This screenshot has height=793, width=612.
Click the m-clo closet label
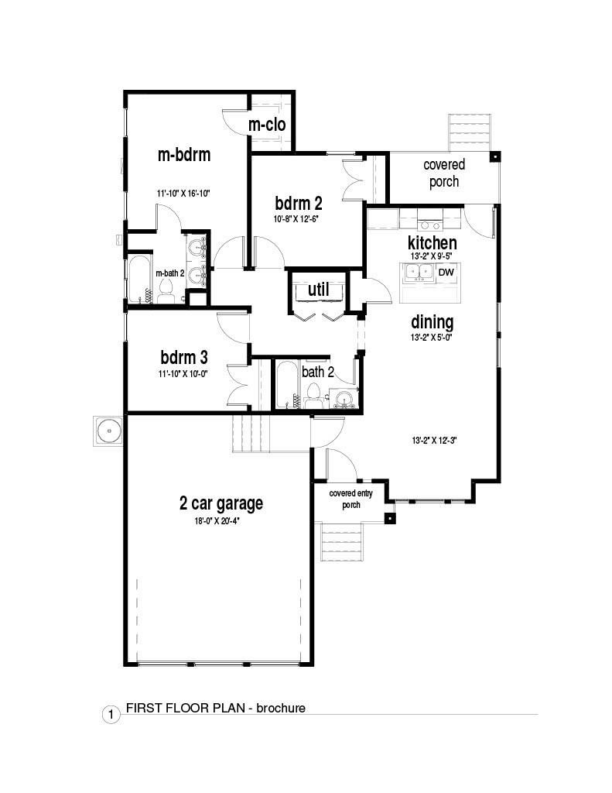[x=267, y=125]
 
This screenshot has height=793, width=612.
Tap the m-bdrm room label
[x=184, y=154]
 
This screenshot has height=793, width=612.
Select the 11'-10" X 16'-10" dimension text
[x=183, y=193]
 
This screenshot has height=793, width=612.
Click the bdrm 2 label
[x=298, y=203]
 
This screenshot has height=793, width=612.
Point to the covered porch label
[x=444, y=173]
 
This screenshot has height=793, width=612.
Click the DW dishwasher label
[x=446, y=272]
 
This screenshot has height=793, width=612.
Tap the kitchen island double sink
[x=419, y=273]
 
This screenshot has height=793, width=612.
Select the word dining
[x=432, y=322]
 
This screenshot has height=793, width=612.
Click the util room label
[x=319, y=290]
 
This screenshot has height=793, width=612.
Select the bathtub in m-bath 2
[x=138, y=280]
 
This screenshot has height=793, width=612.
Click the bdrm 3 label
[x=184, y=357]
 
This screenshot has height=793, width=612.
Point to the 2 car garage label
[x=221, y=503]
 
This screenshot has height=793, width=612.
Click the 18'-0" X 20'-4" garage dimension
[x=217, y=521]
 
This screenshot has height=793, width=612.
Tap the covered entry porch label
[x=350, y=499]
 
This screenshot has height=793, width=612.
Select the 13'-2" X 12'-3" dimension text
[x=435, y=440]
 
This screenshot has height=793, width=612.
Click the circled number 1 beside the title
[x=111, y=715]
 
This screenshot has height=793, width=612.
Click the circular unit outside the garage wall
[x=108, y=431]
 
